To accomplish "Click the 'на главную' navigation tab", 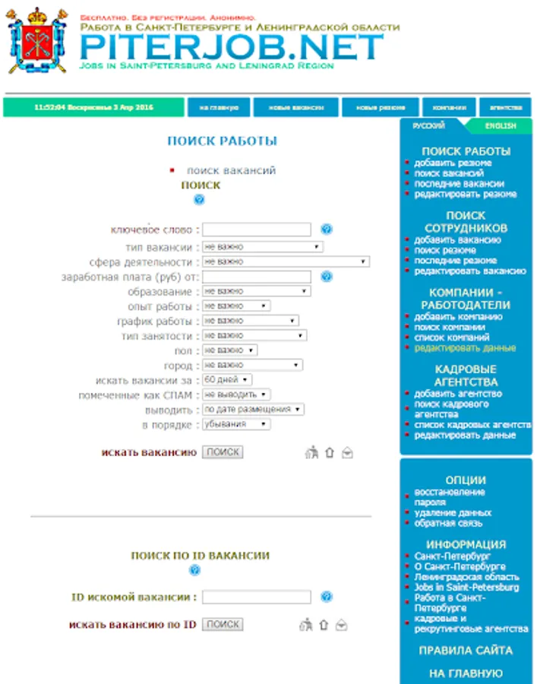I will [219, 108].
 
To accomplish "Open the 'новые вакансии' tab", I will [295, 108].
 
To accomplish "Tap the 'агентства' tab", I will [505, 108].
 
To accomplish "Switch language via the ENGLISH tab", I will [501, 126].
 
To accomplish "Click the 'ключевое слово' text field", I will [257, 230].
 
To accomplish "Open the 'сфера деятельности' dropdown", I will [286, 261].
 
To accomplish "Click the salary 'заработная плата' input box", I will [257, 277].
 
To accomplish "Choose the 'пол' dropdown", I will [229, 350].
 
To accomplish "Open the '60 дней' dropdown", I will [227, 379].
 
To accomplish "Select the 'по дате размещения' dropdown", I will [253, 409].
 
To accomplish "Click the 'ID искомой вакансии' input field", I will [257, 597].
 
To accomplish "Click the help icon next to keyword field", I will [327, 230].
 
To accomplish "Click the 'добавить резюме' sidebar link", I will [453, 163].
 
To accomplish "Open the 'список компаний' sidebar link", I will [451, 337].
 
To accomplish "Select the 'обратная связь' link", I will [448, 523].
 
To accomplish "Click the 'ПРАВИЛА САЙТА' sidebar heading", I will [466, 651].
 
